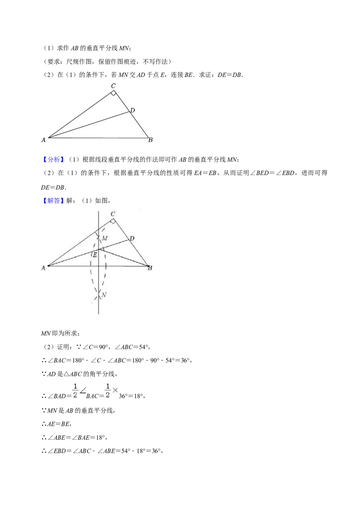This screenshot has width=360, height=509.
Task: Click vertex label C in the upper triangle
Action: tap(113, 86)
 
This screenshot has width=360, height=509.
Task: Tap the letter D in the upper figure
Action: tap(132, 111)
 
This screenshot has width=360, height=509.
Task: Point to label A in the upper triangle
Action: tap(43, 140)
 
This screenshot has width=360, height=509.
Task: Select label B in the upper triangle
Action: tap(151, 140)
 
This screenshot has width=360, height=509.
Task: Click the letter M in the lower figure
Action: tap(104, 238)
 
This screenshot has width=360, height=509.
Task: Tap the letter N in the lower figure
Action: tap(103, 295)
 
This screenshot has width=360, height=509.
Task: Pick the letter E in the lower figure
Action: tap(95, 255)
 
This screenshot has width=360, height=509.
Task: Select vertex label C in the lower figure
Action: tap(112, 214)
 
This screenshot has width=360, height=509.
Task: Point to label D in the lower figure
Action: tap(131, 238)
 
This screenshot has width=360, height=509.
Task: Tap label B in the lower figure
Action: tap(150, 268)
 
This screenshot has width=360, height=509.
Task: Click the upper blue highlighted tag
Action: tap(54, 161)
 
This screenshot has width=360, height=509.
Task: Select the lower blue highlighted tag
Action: tap(54, 200)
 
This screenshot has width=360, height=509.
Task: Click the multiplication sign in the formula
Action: tap(115, 390)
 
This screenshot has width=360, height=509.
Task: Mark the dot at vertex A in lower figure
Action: tap(49, 266)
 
